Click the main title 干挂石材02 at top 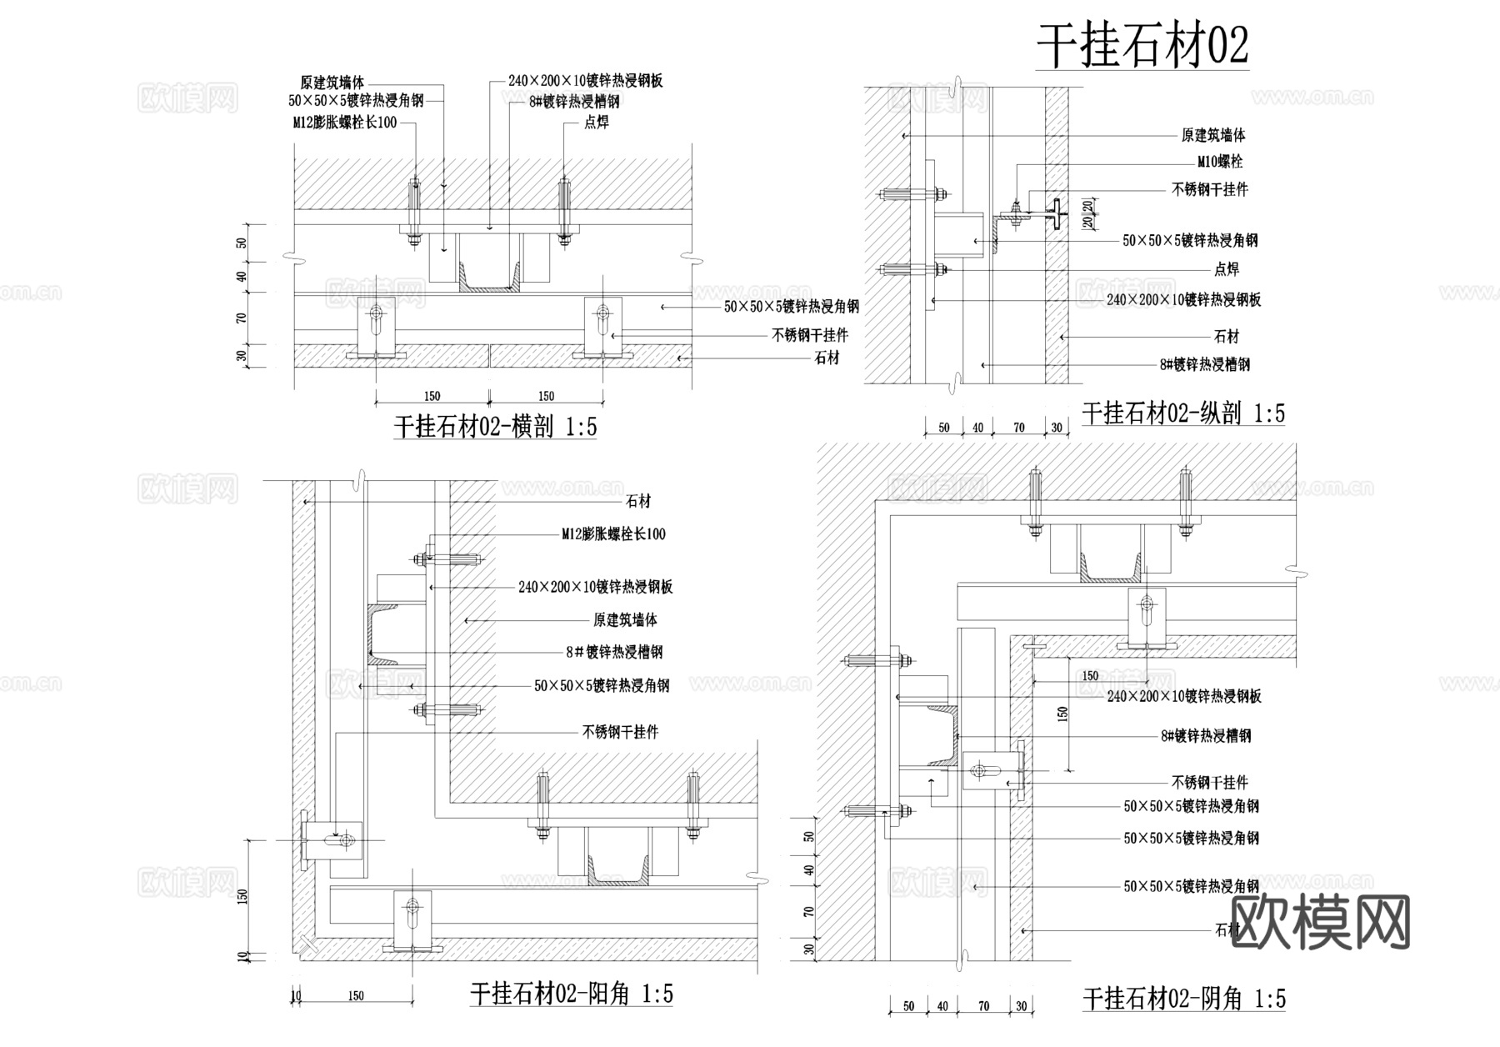(x=1142, y=46)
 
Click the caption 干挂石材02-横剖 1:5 (x=495, y=428)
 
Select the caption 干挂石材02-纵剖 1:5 (x=1183, y=413)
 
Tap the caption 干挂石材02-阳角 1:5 (x=572, y=994)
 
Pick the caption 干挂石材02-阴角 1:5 (x=1184, y=999)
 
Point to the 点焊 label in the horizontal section (x=597, y=123)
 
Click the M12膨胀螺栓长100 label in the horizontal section (x=344, y=123)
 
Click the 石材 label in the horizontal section (x=827, y=358)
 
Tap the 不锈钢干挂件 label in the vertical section (x=1210, y=190)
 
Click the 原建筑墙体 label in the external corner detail (x=625, y=620)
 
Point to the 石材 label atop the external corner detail (x=638, y=501)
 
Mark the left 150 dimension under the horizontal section (x=432, y=396)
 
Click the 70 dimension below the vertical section (x=1018, y=428)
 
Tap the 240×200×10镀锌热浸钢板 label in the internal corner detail (x=1183, y=697)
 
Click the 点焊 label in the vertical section (x=1227, y=269)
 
